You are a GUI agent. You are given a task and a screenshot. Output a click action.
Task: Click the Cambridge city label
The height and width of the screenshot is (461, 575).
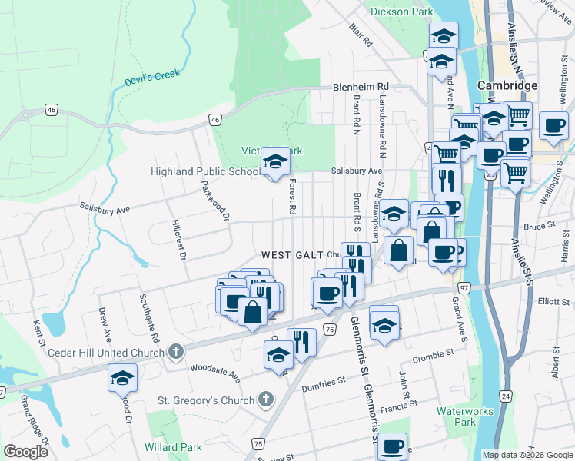pos(507,85)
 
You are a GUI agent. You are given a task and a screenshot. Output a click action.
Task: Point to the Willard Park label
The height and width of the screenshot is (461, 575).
pos(173,447)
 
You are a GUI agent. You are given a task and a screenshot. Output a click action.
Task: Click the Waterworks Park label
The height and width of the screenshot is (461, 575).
pos(465,416)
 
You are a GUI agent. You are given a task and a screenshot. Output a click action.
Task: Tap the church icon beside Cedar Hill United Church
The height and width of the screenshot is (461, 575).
pos(175,353)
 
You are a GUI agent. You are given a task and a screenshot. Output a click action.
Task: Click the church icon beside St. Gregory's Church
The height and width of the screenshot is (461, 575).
pos(265,400)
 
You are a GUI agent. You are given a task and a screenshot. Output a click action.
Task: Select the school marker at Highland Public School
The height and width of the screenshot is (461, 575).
pos(275,162)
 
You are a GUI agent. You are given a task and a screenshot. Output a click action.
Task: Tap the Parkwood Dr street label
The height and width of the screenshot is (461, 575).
pos(215,201)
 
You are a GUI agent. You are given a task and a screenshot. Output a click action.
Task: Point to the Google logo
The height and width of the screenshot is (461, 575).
pos(26,452)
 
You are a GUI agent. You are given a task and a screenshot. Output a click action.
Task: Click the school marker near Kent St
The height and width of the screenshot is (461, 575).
pos(122,378)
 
